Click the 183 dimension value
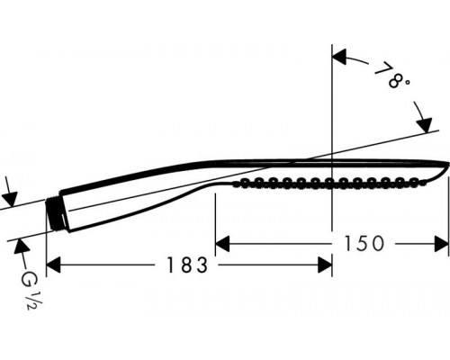tap(187, 265)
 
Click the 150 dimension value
tap(364, 243)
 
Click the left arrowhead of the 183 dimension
tap(53, 265)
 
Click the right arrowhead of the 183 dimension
tap(325, 265)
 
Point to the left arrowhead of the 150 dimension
tap(222, 244)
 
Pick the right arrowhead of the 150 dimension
tap(442, 244)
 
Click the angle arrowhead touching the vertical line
tap(339, 57)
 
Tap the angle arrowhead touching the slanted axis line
tap(424, 125)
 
